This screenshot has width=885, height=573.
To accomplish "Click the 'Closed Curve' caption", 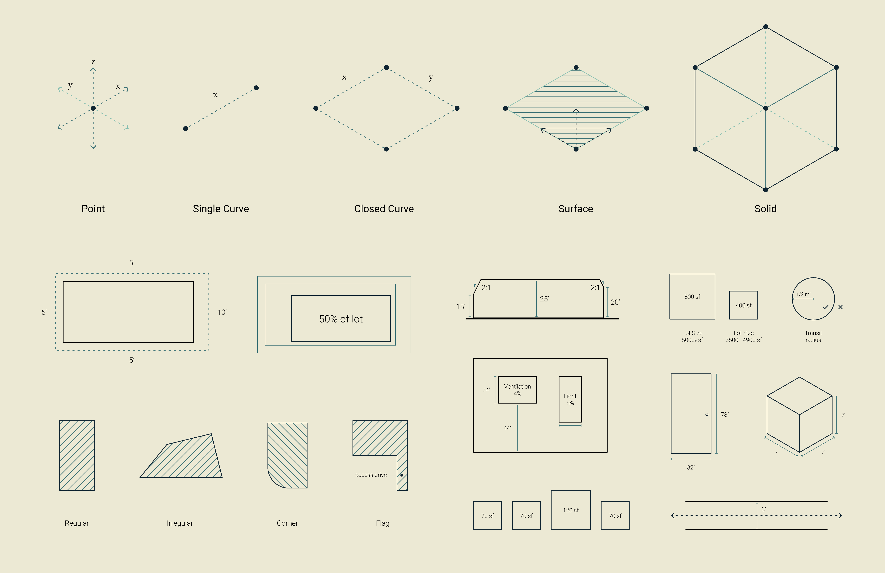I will point(384,209).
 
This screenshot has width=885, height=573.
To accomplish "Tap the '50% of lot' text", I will point(341,319).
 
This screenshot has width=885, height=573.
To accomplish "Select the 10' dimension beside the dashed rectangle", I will point(222,312).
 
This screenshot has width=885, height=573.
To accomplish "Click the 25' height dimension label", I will point(544,299).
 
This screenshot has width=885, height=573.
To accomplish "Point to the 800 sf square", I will point(692,297).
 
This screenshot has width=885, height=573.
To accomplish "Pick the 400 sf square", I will point(743,305).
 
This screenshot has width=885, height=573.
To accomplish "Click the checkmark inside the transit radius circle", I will point(825,307).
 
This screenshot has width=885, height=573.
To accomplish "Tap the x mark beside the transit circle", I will point(840,307).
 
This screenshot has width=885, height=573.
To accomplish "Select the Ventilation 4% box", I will point(517,390).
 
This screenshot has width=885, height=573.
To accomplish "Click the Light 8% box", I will point(570,399).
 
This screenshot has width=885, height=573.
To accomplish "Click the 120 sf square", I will point(570,510).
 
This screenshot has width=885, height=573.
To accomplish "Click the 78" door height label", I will point(725,414).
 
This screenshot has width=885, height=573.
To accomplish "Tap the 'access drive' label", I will point(371,475).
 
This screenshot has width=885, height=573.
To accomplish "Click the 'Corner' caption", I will point(287,523).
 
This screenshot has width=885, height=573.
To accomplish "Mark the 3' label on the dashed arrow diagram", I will point(763,509).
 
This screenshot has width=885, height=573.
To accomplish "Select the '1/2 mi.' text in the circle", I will point(804,294).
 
